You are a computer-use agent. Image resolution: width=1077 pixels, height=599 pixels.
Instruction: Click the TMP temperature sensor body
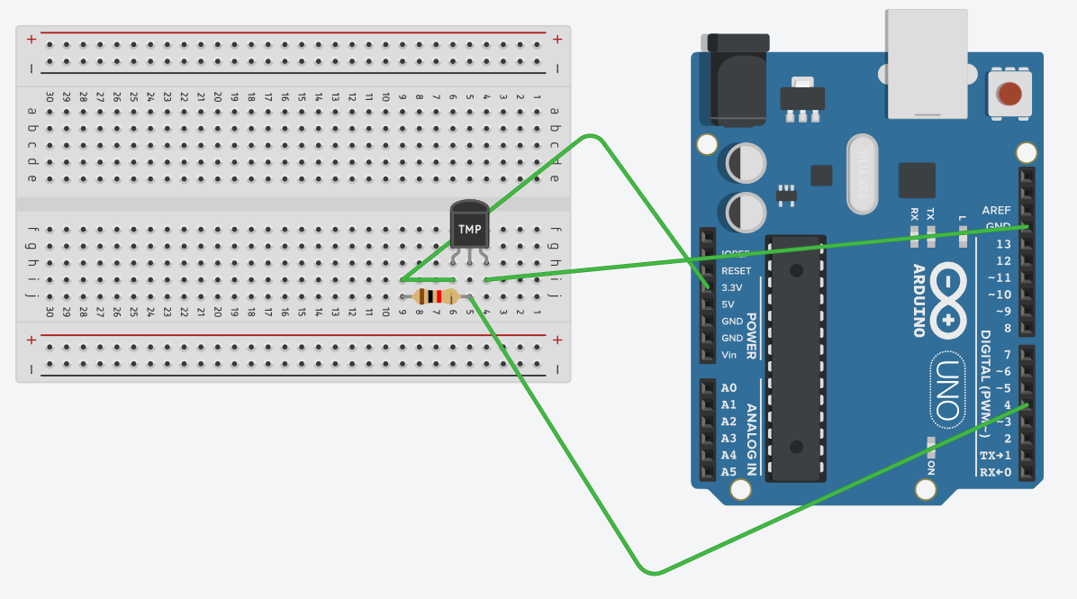(470, 225)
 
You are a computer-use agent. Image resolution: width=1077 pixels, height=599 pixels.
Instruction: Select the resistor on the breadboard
(436, 296)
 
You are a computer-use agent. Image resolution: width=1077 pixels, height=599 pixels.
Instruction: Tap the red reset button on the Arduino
(1009, 93)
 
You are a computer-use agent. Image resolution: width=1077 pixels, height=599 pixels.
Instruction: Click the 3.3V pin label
(731, 287)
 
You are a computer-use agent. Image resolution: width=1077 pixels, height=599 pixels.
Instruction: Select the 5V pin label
(729, 304)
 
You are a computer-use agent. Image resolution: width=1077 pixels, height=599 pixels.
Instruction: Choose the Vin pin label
(729, 354)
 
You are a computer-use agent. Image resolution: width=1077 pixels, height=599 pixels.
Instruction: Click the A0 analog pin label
(729, 388)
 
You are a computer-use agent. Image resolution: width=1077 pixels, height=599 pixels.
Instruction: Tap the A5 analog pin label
(729, 471)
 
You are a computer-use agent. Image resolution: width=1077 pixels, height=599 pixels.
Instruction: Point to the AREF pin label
(996, 210)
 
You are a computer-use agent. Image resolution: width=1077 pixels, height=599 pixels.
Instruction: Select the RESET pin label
(736, 270)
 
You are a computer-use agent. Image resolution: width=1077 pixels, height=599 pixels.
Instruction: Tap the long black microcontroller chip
(796, 358)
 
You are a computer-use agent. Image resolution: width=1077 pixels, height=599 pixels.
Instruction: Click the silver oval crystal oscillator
(862, 175)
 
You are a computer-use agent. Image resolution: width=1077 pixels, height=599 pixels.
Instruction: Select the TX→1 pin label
(995, 455)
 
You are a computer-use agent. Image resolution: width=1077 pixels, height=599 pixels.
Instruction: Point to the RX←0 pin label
(995, 472)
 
